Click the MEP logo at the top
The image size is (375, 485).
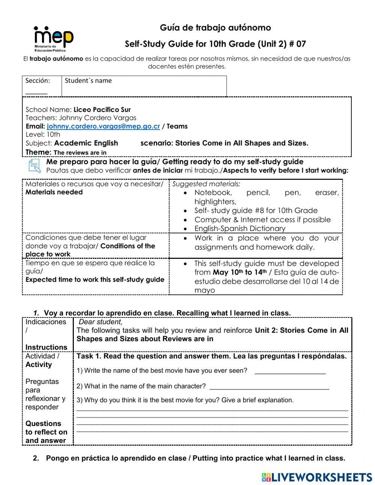pyautogui.click(x=53, y=38)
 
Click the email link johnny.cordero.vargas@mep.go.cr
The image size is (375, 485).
pyautogui.click(x=103, y=126)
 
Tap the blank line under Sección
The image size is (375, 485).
pyautogui.click(x=36, y=92)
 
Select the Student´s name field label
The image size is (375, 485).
pyautogui.click(x=88, y=80)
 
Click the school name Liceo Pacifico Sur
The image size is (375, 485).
pyautogui.click(x=102, y=110)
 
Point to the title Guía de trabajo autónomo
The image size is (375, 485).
pyautogui.click(x=215, y=27)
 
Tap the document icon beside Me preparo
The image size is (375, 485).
pyautogui.click(x=34, y=166)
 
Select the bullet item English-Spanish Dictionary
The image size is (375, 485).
pyautogui.click(x=240, y=228)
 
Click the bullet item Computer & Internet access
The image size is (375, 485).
pyautogui.click(x=262, y=219)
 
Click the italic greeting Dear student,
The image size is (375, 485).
pyautogui.click(x=100, y=322)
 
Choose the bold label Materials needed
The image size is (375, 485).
pyautogui.click(x=54, y=192)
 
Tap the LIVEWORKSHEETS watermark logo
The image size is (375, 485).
pyautogui.click(x=317, y=477)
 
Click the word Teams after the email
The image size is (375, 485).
pyautogui.click(x=177, y=126)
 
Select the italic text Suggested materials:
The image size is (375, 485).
pyautogui.click(x=206, y=184)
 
